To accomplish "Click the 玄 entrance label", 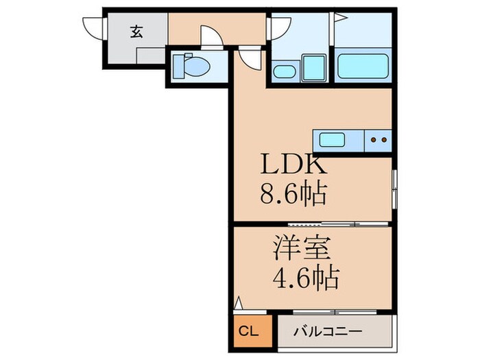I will [137, 32].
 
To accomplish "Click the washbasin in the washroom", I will [283, 71].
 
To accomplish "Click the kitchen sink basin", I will [332, 141].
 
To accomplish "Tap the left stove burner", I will [374, 141].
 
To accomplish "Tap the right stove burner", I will [384, 141].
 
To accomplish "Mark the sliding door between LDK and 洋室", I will [322, 224].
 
